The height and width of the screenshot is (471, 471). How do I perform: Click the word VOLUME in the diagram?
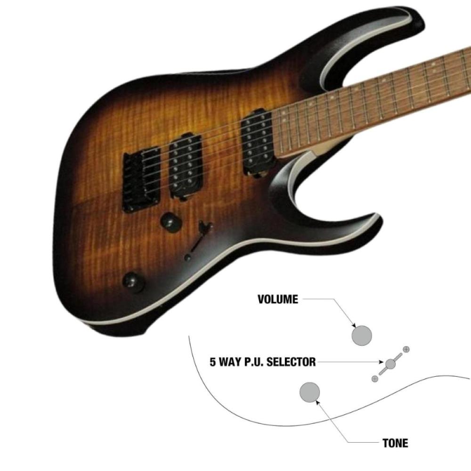[x=278, y=300]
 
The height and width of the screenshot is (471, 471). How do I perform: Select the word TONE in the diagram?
[x=395, y=443]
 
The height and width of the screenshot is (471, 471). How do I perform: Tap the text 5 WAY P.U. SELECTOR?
[x=263, y=362]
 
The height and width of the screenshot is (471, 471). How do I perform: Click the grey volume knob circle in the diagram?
[x=362, y=335]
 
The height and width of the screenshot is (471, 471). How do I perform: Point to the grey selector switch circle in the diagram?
[x=390, y=364]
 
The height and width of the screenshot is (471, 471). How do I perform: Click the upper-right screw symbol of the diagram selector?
[x=406, y=349]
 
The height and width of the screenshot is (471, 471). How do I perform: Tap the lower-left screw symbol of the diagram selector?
[x=375, y=379]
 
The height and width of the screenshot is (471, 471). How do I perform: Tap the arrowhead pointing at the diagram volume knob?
[x=353, y=326]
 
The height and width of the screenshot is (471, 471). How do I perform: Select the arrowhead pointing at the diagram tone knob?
[x=318, y=401]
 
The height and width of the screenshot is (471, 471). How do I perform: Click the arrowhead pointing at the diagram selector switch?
[x=383, y=362]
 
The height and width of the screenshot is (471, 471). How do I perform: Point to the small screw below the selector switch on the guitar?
[x=188, y=258]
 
